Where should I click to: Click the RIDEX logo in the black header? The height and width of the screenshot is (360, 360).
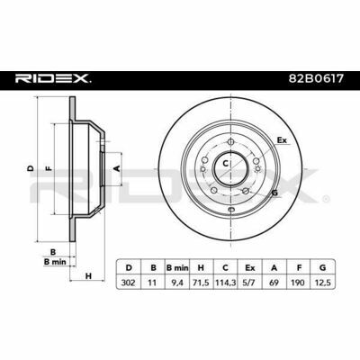click(53, 78)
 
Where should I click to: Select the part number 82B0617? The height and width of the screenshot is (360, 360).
click(316, 79)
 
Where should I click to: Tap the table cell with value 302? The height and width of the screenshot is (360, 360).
click(128, 283)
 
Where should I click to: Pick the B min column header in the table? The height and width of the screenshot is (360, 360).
click(177, 267)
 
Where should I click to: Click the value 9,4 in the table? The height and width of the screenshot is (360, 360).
click(177, 283)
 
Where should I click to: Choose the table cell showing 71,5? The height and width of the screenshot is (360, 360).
click(201, 283)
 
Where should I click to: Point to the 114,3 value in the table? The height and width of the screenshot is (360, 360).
click(225, 283)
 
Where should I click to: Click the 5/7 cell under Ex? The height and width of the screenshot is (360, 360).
click(249, 283)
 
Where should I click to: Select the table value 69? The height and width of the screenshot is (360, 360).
click(274, 283)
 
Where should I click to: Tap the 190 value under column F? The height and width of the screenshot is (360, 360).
click(298, 283)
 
